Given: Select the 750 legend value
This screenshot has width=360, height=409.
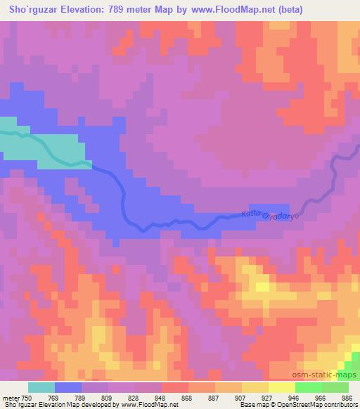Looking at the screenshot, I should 27,398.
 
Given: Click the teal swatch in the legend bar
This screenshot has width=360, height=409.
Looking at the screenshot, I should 41,387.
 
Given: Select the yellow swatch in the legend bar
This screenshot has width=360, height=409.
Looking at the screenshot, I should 281,387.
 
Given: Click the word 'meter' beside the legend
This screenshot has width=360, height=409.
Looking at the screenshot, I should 11,398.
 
